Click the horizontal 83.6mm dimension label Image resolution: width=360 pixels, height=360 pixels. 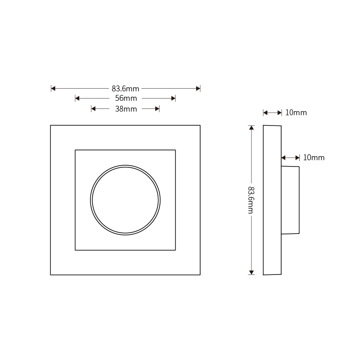click(x=125, y=89)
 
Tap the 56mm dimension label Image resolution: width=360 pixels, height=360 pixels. click(x=125, y=99)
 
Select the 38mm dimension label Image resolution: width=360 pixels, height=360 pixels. click(x=126, y=109)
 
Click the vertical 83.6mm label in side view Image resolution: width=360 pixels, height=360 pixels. click(x=251, y=200)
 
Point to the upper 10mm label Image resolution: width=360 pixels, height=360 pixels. click(x=296, y=112)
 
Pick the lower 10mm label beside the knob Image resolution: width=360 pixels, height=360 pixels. click(x=314, y=157)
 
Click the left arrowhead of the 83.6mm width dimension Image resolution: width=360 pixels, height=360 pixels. click(x=53, y=89)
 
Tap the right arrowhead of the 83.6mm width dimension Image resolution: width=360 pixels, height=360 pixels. click(x=198, y=89)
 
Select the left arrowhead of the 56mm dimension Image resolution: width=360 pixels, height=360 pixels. click(x=77, y=99)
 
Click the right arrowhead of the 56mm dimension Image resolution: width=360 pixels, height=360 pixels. click(x=173, y=99)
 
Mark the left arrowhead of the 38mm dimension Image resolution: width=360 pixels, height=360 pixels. click(x=94, y=108)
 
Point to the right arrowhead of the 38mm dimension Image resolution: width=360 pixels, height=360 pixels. click(x=157, y=108)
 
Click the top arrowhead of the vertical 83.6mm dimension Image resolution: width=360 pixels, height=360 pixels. click(x=252, y=128)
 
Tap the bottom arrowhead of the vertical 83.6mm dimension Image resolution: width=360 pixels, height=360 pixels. click(x=252, y=272)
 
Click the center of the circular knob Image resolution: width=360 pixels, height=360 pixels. click(x=125, y=199)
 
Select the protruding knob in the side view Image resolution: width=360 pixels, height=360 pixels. click(x=290, y=200)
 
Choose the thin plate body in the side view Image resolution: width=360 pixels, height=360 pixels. click(x=272, y=200)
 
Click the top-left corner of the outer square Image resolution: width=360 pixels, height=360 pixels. click(x=50, y=125)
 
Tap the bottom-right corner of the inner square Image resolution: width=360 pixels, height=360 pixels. click(x=175, y=250)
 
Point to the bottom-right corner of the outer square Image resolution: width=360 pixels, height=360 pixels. click(x=200, y=274)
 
